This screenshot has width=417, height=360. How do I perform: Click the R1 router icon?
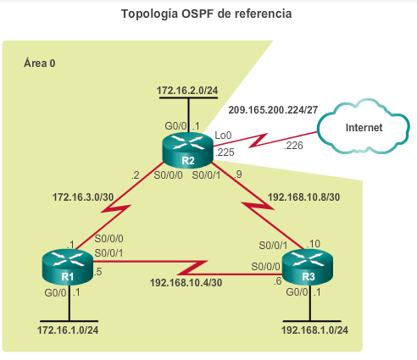point(68,267)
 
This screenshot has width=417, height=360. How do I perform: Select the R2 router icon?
point(187,151)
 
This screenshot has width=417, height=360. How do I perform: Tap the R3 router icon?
point(308,267)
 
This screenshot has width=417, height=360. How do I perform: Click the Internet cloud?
point(364,127)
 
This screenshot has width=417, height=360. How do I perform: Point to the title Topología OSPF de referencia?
point(207,14)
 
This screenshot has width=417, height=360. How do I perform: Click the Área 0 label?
point(40,63)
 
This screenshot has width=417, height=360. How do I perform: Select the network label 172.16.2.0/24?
point(187,91)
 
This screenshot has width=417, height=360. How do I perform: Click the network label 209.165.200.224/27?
point(273,109)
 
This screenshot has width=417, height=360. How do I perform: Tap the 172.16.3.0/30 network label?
point(83,197)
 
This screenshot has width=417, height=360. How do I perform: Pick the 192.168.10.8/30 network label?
point(303,197)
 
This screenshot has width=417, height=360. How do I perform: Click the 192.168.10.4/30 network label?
point(186,282)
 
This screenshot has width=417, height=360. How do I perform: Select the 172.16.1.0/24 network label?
point(68,330)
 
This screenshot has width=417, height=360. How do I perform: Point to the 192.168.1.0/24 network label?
point(314,330)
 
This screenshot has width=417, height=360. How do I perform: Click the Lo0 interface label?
point(223,136)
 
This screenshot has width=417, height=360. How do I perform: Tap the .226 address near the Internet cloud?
point(293,146)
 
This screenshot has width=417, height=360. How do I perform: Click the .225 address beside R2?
point(225,152)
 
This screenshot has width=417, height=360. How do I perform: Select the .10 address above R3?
point(314,243)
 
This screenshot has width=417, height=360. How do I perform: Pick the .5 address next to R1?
point(97,272)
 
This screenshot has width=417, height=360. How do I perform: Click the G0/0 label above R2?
point(175,125)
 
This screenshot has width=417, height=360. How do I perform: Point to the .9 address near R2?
point(238,174)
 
